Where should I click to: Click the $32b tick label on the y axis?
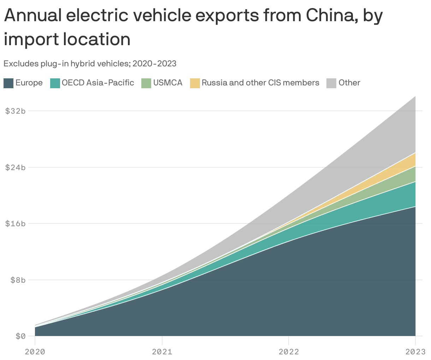coord(16,111)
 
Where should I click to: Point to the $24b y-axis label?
coord(16,167)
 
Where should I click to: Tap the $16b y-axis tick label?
coord(16,223)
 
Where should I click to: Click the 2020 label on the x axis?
coord(35,352)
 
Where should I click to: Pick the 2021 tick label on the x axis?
coord(162,352)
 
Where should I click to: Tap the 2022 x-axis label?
coord(289,352)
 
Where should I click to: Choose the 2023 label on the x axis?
coord(415,352)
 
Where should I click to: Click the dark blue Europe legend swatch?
coord(8,83)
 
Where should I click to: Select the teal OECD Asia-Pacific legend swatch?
coord(55,83)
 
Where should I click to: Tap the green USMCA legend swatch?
coord(146,83)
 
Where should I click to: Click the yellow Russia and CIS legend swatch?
coord(195,83)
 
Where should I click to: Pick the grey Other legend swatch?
coord(331,83)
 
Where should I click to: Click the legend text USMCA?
coord(168,83)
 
